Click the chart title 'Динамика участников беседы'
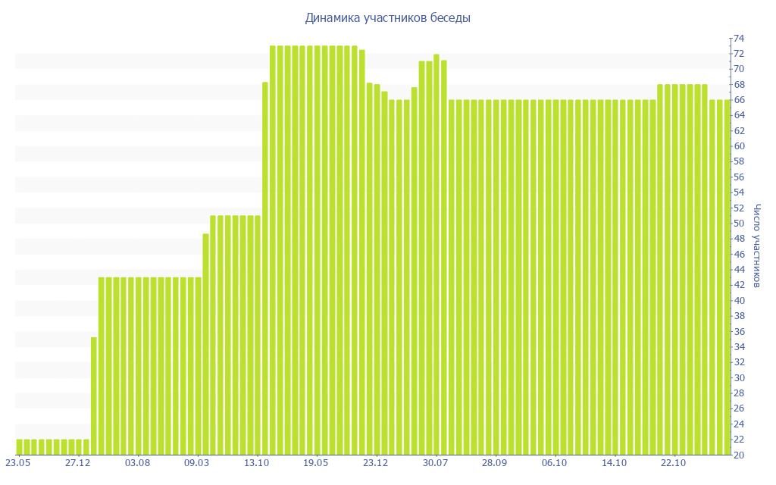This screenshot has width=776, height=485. [x=387, y=17]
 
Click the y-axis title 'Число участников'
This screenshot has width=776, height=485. [x=757, y=245]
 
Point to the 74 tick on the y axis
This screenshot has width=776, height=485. [x=738, y=39]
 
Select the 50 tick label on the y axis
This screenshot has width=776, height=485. [x=738, y=224]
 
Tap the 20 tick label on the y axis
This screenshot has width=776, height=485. [x=738, y=455]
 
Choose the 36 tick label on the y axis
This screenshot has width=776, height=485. [x=738, y=332]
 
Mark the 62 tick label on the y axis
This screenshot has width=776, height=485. [x=738, y=131]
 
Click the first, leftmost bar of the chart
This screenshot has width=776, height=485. [x=19, y=447]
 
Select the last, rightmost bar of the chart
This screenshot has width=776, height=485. [x=727, y=277]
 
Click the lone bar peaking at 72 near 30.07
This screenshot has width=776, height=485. [x=436, y=254]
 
